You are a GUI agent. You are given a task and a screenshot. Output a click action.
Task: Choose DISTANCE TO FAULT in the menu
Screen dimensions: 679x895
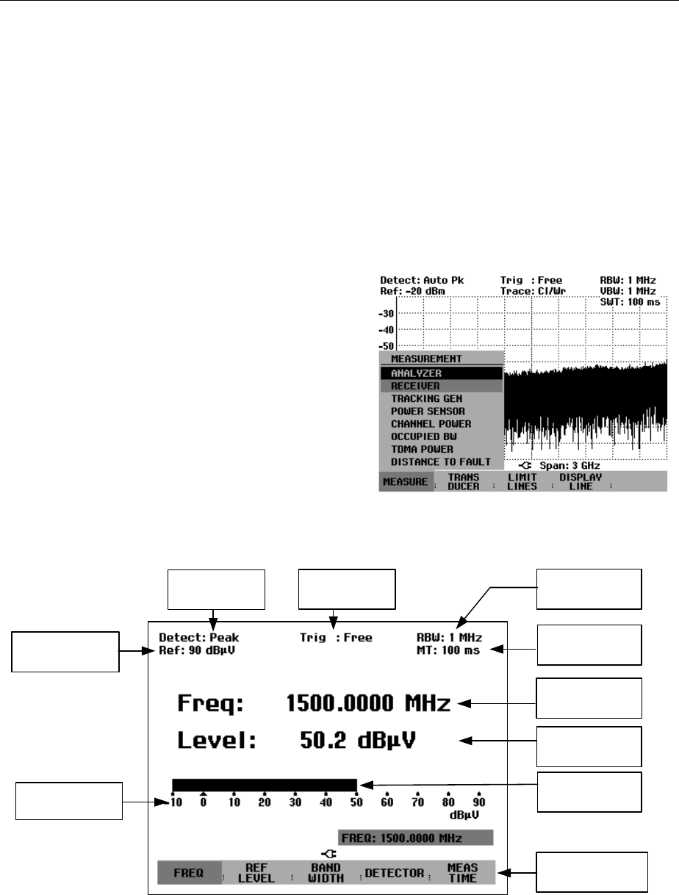point(431,461)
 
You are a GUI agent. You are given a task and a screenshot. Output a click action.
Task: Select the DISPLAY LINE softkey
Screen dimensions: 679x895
point(580,481)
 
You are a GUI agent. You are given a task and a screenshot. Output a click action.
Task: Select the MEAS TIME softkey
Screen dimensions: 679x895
point(462,871)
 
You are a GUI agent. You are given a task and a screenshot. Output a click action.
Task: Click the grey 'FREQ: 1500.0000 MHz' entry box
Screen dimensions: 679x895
point(415,838)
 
